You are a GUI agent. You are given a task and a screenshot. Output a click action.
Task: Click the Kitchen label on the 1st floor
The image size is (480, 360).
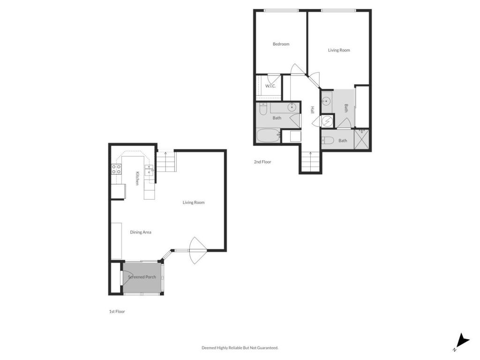coord(137,178)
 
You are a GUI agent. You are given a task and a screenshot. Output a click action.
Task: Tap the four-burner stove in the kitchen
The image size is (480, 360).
coord(116,169)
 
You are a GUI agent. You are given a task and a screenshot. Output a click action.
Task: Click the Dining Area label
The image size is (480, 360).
coord(141,232)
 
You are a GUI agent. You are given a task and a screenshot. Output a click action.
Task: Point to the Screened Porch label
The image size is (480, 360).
coord(142,277)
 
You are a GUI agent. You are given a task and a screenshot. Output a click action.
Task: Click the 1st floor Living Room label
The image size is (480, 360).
coord(194,202)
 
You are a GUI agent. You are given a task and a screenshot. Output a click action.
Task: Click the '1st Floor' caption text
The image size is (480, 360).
coord(117,311)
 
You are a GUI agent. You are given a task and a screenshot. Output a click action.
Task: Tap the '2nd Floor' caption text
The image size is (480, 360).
coord(262,162)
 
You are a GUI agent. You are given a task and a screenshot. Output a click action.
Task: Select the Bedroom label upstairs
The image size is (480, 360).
coord(281,44)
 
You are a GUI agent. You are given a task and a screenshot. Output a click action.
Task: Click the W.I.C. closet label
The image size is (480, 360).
coord(270,86)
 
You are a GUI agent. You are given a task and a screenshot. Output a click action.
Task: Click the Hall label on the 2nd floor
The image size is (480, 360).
coord(312,110)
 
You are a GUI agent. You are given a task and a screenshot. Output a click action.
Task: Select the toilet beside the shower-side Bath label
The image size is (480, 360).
coord(328,140)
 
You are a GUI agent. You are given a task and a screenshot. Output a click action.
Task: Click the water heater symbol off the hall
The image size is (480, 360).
coord(327,121)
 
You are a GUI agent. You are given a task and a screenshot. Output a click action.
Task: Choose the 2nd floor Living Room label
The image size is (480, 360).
coord(338,50)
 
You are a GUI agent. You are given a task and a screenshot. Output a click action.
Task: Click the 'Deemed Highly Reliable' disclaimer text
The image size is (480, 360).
coord(240,348)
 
